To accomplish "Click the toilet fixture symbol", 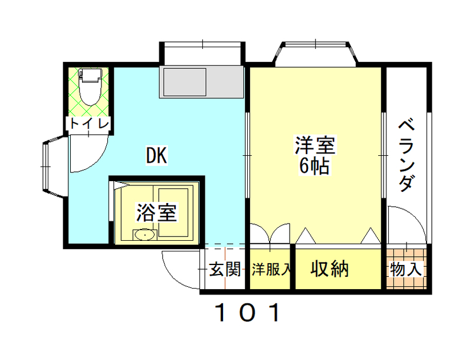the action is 90,87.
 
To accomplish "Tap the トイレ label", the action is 89,123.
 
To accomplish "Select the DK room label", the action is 156,155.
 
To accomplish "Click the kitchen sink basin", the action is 184,82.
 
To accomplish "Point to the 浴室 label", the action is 156,212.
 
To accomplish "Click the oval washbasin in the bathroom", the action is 145,235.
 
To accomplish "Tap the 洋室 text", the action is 314,145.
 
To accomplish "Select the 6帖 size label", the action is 314,166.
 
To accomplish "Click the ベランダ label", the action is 407,155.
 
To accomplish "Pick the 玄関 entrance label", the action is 225,269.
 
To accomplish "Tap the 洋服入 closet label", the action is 271,269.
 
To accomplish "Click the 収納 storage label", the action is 329,269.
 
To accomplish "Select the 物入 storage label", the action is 406,269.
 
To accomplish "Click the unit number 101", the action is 247,312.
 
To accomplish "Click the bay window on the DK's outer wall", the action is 54,166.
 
